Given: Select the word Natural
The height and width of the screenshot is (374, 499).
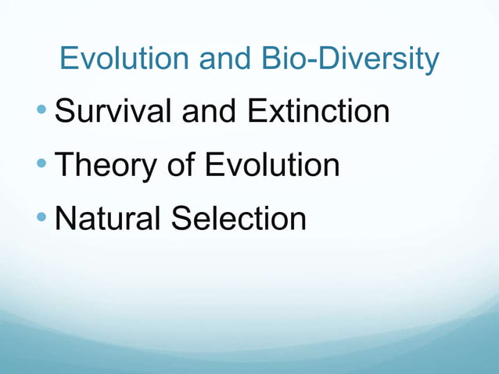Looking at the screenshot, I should tap(107, 218).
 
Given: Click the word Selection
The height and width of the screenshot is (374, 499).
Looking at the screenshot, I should tap(239, 218).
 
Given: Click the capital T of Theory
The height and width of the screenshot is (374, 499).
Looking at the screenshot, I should tap(65, 165).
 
